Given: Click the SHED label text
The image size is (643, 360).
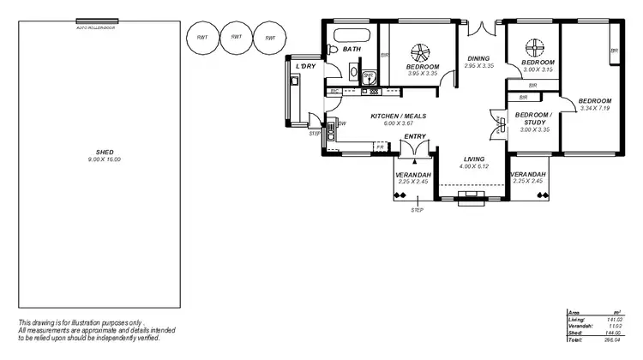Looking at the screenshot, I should click(106, 152).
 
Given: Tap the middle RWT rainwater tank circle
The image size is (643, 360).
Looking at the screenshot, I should click(236, 37).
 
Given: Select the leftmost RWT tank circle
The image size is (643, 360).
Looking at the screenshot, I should click(202, 37).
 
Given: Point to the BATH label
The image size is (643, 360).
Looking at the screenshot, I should click(352, 50).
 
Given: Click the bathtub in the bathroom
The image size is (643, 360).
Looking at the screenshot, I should click(352, 36).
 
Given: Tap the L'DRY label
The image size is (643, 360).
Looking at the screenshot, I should click(305, 67).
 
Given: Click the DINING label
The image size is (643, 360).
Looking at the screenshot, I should click(477, 58).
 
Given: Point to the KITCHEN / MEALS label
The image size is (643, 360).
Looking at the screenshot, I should click(398, 117).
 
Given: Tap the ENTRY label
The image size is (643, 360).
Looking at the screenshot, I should click(415, 136).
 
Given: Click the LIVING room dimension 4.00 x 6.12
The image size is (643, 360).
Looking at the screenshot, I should click(474, 166).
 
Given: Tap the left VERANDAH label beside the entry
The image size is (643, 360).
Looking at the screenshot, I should click(412, 175).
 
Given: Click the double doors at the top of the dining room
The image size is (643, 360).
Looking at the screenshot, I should click(485, 27).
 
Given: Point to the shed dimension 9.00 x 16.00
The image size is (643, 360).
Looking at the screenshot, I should click(106, 159).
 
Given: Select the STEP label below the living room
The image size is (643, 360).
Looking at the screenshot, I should click(418, 210).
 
